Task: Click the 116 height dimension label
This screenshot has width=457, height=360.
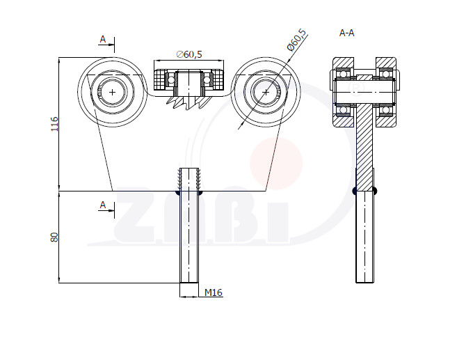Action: point(54,124)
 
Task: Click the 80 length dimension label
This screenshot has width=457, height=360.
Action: point(54,237)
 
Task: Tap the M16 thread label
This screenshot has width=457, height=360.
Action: point(213,292)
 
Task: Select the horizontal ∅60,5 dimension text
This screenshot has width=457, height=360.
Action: point(189,54)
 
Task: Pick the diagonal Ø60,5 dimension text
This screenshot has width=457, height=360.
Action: point(297,40)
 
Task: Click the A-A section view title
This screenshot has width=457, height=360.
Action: point(347,33)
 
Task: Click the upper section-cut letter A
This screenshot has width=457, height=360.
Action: point(102,39)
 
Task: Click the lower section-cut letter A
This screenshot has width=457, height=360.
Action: point(102,205)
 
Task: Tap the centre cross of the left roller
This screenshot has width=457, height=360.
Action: point(112,93)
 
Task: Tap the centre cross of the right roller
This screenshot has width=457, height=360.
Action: point(266,93)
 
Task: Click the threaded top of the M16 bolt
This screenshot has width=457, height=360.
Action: point(189,178)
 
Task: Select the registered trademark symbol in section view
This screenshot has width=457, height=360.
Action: point(355,87)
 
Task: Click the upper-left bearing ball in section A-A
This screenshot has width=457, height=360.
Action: point(343,75)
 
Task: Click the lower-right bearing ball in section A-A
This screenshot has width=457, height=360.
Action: point(385,110)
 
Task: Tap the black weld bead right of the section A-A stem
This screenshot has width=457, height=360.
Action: point(375,191)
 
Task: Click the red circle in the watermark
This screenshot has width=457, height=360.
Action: point(276,164)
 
